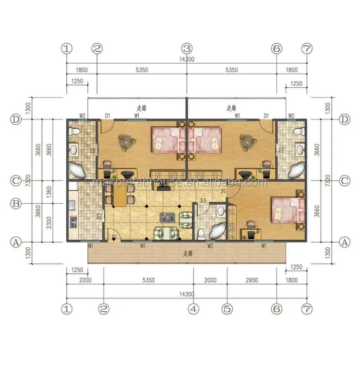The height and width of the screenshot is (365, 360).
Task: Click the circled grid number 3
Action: pos(187,48)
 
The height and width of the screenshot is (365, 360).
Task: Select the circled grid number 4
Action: pos(194,309)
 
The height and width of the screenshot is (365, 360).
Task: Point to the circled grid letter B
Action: pos(16,203)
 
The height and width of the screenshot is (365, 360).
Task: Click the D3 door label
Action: pos(203,200)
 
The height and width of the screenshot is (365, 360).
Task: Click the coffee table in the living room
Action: pos(168,217)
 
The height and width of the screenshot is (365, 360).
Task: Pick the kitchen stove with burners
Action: pos(73,222)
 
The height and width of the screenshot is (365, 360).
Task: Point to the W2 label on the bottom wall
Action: pos(210,246)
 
